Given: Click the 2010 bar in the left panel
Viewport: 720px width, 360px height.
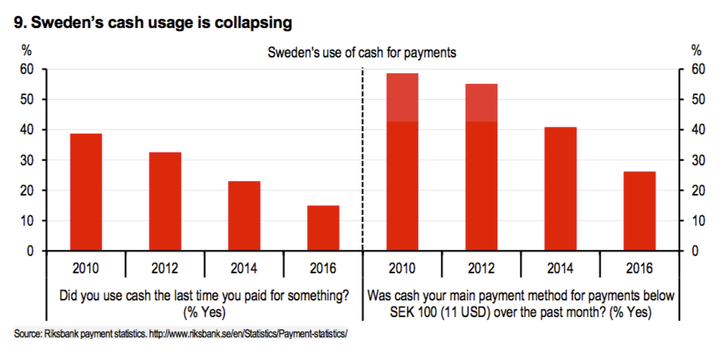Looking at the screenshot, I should coord(86,192).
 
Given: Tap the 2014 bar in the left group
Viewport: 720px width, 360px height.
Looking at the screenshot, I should coord(244,216).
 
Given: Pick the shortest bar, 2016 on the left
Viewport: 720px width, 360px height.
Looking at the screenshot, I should coord(323,228).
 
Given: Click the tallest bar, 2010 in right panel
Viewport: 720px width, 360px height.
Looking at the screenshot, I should coord(402,162).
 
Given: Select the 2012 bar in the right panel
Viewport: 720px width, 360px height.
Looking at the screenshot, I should coord(481,168).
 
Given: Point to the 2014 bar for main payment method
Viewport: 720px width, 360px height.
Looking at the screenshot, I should coord(560,189).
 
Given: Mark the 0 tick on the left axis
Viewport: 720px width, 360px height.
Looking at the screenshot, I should coord(31,251).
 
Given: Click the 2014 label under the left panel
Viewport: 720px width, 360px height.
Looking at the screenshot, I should coord(244,268).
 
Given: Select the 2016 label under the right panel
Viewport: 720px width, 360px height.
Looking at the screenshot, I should coord(639,268).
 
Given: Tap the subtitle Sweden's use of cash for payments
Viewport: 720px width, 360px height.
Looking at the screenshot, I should coord(362,52).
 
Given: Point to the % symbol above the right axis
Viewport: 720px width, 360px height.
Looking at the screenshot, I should coord(696,51).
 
